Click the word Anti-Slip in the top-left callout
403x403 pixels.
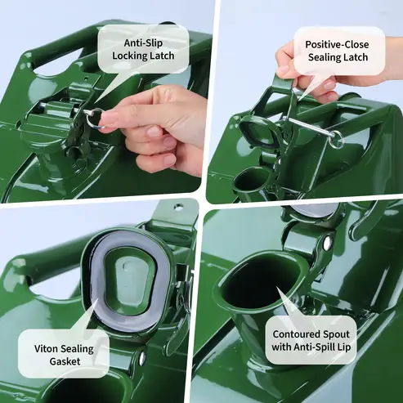click(143, 43)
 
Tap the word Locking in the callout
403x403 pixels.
click(128, 56)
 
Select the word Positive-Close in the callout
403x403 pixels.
click(337, 44)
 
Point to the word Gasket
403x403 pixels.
click(65, 361)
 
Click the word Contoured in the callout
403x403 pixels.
click(296, 334)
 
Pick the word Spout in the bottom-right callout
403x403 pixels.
click(336, 334)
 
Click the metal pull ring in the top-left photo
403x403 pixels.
click(95, 119)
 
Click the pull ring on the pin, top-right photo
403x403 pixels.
click(338, 139)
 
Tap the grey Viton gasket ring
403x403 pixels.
click(96, 305)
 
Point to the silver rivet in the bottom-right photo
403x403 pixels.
click(328, 244)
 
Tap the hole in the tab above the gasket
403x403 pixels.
click(178, 206)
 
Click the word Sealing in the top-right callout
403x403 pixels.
click(324, 58)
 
